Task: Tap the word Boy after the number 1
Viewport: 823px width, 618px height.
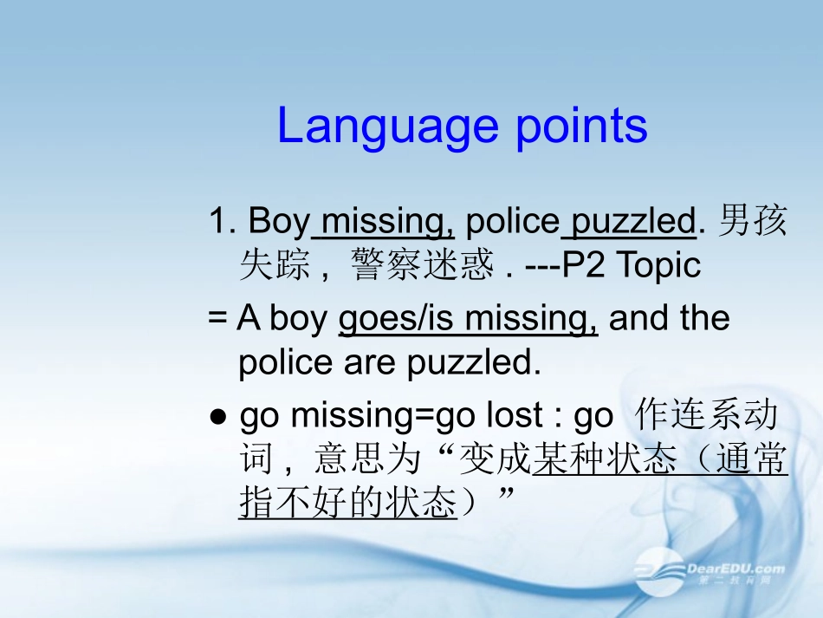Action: (x=278, y=222)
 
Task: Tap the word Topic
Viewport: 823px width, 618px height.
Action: (x=658, y=265)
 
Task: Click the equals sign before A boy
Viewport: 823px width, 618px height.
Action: (x=217, y=320)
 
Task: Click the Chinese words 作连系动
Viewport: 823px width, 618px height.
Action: (x=707, y=417)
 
